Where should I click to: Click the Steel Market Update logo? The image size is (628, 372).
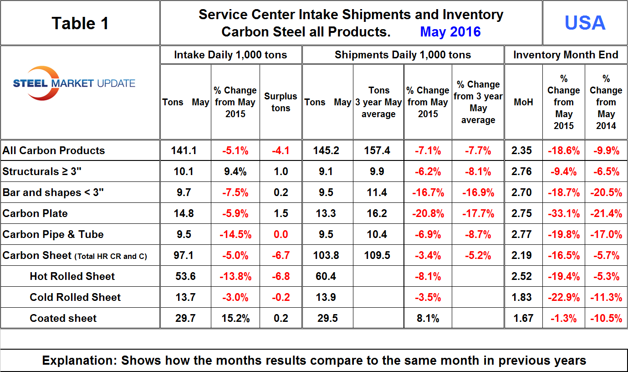point(74,83)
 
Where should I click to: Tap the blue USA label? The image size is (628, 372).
point(585,23)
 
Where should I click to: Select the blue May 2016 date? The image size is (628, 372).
point(450,31)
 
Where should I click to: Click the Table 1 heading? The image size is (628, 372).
point(80,23)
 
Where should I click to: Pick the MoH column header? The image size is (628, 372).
point(523,102)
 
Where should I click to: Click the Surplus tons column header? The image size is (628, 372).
point(281,102)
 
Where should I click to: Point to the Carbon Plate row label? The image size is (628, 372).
point(35,213)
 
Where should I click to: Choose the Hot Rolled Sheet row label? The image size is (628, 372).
point(72,276)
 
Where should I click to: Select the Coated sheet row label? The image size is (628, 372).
point(63,318)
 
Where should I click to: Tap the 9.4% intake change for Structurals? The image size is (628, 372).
point(235,171)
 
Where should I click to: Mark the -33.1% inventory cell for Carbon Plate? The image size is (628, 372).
point(564,213)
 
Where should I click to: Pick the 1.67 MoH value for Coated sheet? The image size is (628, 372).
point(523,318)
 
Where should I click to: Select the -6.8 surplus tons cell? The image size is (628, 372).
point(281,276)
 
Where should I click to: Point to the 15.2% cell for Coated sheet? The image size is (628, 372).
point(235,318)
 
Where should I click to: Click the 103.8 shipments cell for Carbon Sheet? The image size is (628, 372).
point(327,255)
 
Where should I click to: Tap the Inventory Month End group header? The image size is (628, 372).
point(566,55)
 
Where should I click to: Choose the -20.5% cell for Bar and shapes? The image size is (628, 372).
point(606,192)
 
